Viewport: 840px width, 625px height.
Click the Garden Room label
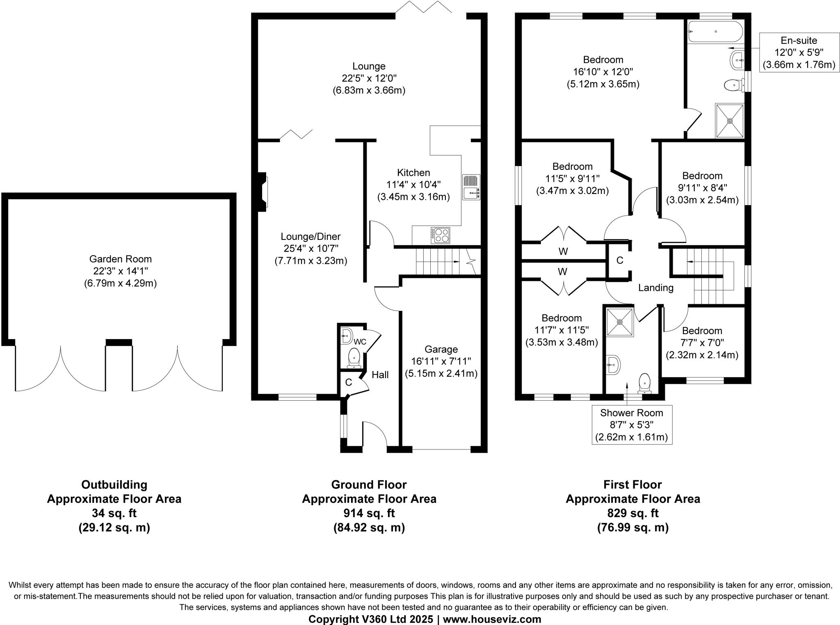coord(120,259)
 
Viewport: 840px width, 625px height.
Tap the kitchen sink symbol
coord(471,187)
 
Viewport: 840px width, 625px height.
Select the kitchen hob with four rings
coord(440,235)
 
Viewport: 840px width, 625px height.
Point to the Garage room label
coord(441,349)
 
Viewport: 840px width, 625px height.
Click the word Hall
coord(380,374)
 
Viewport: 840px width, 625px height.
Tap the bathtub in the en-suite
coord(715,32)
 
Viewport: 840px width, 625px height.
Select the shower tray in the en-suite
coord(729,121)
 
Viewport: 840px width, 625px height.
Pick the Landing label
coord(655,288)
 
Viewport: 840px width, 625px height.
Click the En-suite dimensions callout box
coord(798,52)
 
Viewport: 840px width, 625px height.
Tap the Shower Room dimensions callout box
coord(631,425)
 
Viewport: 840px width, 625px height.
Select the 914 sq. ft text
coord(369,513)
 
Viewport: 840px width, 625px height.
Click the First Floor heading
coord(632,485)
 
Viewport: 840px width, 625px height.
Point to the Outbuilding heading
coord(114,485)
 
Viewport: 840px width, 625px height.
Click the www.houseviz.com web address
coord(492,619)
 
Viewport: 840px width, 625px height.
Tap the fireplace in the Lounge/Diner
coord(262,192)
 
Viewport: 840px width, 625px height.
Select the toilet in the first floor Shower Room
coord(644,383)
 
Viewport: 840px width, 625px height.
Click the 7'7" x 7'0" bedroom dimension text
coord(702,343)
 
